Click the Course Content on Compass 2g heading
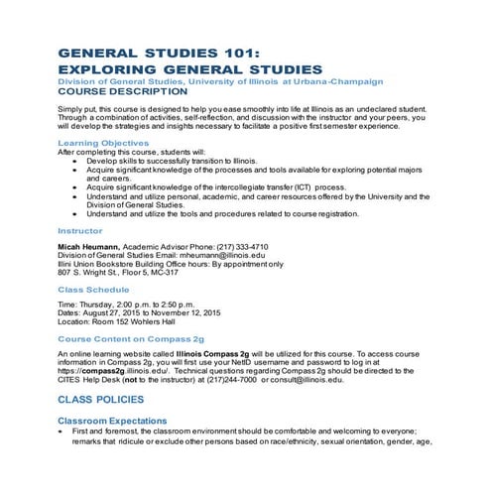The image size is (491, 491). [x=131, y=338]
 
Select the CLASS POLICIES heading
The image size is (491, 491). [x=110, y=401]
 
